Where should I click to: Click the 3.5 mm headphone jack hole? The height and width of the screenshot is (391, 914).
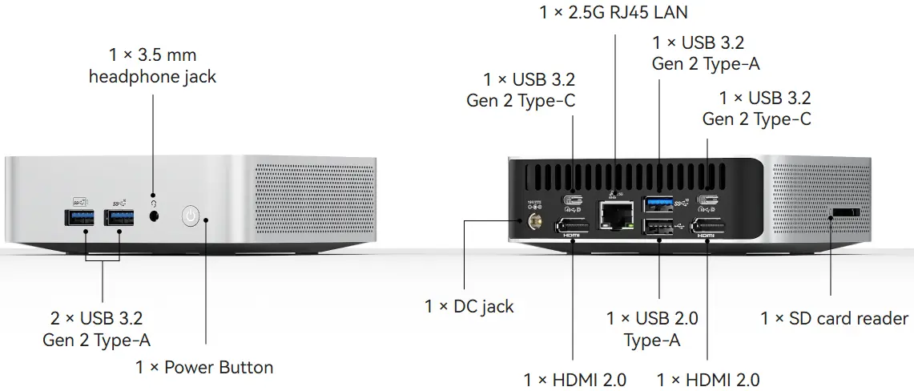(154, 215)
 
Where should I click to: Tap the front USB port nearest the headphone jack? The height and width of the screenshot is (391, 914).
(119, 218)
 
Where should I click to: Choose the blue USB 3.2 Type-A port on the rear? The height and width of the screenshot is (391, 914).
(659, 200)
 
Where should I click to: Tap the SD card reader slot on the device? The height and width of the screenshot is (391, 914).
(846, 213)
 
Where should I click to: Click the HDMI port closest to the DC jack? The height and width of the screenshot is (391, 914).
(573, 226)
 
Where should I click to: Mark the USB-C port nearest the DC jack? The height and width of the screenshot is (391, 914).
(574, 200)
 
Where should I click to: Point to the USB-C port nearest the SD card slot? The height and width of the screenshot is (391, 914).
(707, 200)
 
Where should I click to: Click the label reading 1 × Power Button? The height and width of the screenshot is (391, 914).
(204, 368)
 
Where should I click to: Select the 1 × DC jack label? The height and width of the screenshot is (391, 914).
(469, 306)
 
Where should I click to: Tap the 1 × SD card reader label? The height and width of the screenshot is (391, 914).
(834, 318)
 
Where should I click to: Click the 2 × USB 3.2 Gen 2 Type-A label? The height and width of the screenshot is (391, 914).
(96, 329)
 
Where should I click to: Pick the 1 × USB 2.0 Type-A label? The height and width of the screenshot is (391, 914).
(652, 329)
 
